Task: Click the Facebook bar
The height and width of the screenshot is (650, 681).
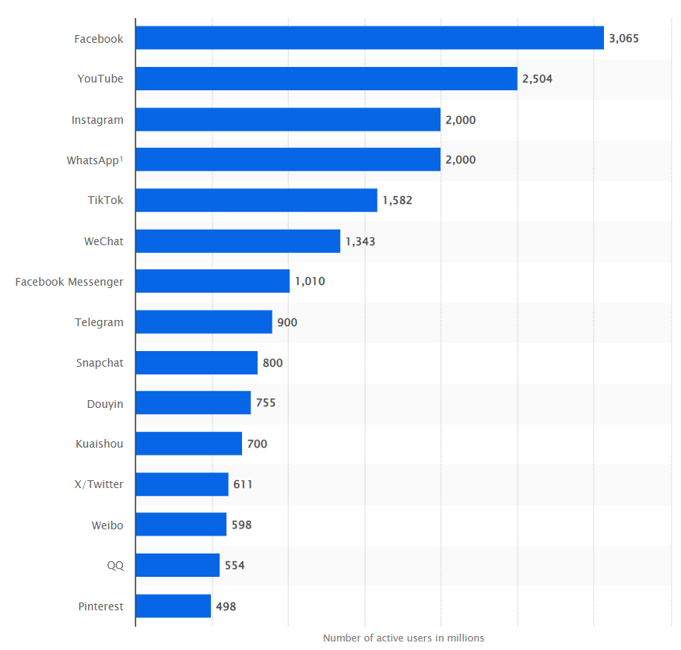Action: [370, 38]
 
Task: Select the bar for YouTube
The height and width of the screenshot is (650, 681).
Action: [326, 79]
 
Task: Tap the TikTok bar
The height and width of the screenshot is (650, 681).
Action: [256, 200]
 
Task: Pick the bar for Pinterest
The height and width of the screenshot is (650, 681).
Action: [173, 606]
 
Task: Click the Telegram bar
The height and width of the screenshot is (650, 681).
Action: [204, 322]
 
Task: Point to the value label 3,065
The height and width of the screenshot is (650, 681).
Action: [624, 38]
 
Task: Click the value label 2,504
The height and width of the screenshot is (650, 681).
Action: [538, 79]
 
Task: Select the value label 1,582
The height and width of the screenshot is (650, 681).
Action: [397, 200]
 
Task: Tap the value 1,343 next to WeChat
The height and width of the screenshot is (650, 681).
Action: [360, 241]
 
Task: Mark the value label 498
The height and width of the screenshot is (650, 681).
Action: [226, 606]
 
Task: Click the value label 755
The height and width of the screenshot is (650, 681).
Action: [265, 403]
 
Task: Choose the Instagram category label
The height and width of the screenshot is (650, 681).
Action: [97, 120]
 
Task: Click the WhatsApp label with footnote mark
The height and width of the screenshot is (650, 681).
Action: [95, 160]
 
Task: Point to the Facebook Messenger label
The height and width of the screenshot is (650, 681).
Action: [69, 282]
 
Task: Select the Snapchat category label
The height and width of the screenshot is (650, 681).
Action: [100, 363]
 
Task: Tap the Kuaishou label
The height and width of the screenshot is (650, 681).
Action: [100, 444]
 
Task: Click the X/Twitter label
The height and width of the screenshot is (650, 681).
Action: [99, 484]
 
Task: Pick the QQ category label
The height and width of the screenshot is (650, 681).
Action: [115, 566]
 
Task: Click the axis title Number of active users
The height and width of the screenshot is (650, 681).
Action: [403, 638]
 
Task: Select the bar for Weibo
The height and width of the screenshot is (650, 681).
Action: [181, 525]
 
